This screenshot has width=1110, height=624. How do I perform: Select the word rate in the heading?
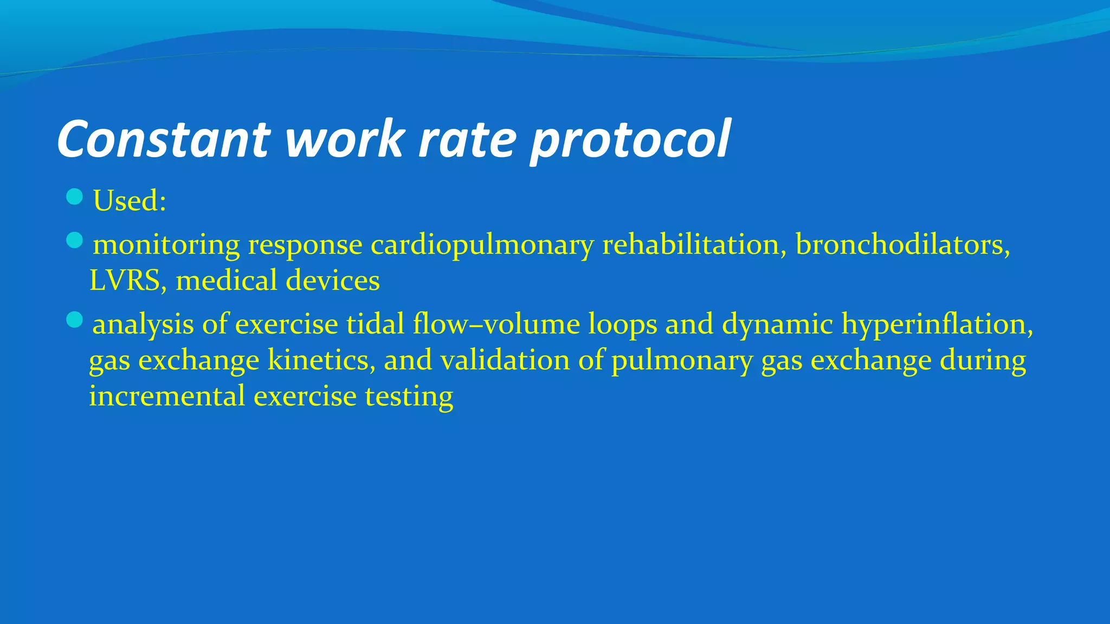(467, 139)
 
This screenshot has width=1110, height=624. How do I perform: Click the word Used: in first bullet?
(130, 201)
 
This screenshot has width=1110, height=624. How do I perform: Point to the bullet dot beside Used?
(74, 197)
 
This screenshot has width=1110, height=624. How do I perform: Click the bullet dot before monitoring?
(74, 240)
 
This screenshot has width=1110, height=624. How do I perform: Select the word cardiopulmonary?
(482, 245)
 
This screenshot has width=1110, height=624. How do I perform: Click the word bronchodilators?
(902, 245)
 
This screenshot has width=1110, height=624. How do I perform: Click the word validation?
(505, 360)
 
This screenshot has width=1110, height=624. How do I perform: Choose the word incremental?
(167, 396)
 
